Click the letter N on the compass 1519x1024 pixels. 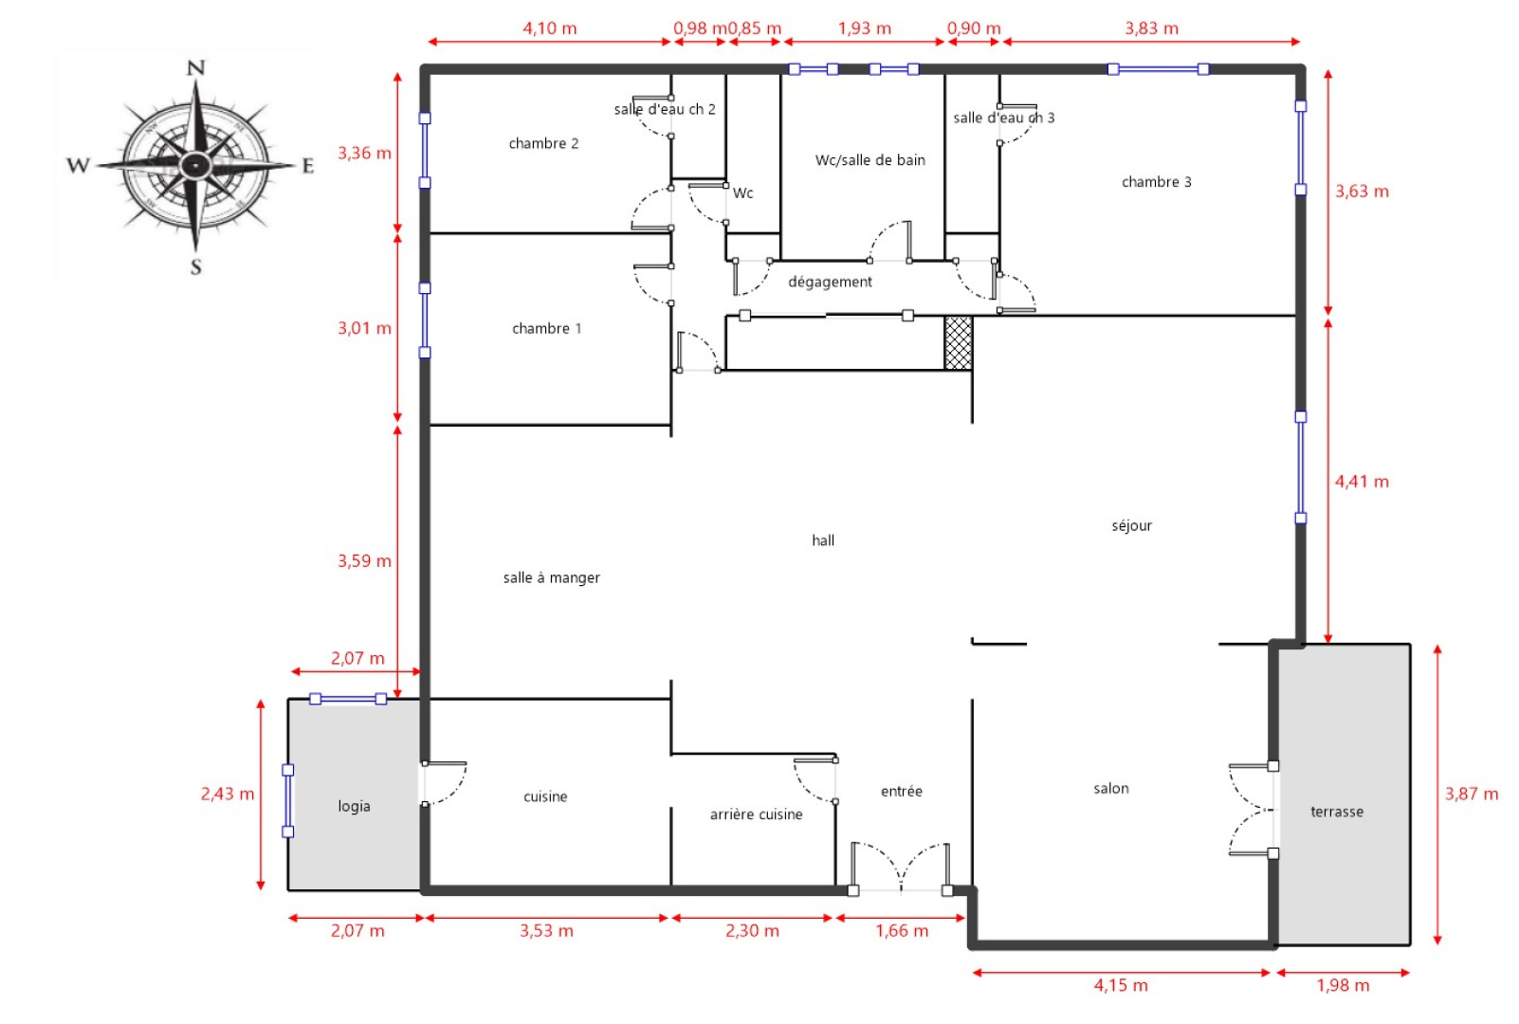point(195,68)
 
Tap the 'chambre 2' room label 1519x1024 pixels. point(543,144)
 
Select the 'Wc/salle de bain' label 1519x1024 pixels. point(869,160)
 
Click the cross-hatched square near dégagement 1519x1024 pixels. point(958,343)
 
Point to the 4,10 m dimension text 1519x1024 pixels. point(549,28)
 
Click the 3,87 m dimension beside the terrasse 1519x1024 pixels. point(1471,795)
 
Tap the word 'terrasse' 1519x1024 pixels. point(1336,812)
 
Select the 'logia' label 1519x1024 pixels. point(354,806)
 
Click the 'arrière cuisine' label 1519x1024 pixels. point(756,814)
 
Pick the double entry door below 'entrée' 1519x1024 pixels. point(900,869)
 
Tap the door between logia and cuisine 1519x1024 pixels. point(444,783)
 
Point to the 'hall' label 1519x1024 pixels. point(823,540)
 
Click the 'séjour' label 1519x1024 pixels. point(1131,526)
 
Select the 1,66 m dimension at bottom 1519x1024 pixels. point(901,931)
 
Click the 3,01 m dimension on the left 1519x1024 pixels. point(364,328)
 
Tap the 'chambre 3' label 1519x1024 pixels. point(1156,182)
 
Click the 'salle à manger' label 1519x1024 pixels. point(551,577)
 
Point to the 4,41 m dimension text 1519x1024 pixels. point(1361,482)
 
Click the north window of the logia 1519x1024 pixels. point(348,699)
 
